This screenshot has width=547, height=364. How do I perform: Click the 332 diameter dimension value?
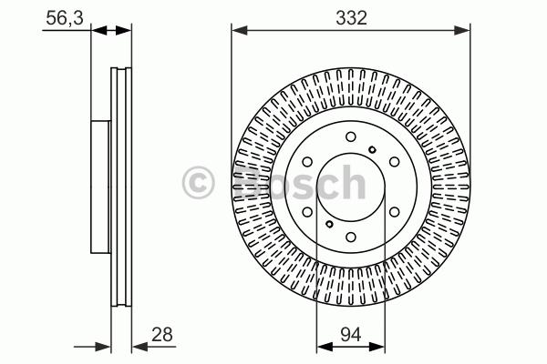[x=351, y=18]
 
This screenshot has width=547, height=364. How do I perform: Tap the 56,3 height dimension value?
[x=65, y=18]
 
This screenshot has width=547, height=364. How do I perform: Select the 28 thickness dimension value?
[x=162, y=334]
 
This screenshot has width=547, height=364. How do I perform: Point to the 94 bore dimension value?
[x=351, y=334]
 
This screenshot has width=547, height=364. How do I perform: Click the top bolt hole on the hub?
[x=351, y=136]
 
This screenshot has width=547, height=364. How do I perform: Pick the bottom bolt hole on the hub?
[x=351, y=238]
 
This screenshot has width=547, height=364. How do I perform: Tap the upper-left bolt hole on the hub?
[x=307, y=162]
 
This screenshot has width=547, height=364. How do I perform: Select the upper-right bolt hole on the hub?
[x=394, y=162]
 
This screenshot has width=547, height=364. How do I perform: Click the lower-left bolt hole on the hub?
[x=307, y=212]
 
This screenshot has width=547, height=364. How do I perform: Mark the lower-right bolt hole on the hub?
[x=394, y=212]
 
